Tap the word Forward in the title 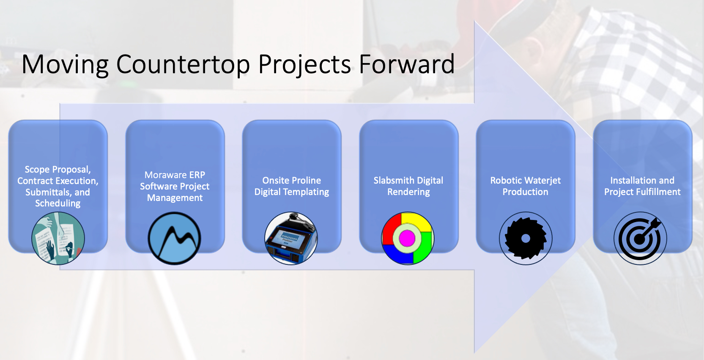pos(407,64)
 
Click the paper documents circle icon pos(58,238)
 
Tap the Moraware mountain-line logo pos(175,238)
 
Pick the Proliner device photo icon pos(291,238)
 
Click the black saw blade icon pos(526,239)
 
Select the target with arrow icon pos(640,239)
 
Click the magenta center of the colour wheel pos(407,238)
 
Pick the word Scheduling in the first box pos(58,203)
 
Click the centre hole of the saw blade pos(526,239)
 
